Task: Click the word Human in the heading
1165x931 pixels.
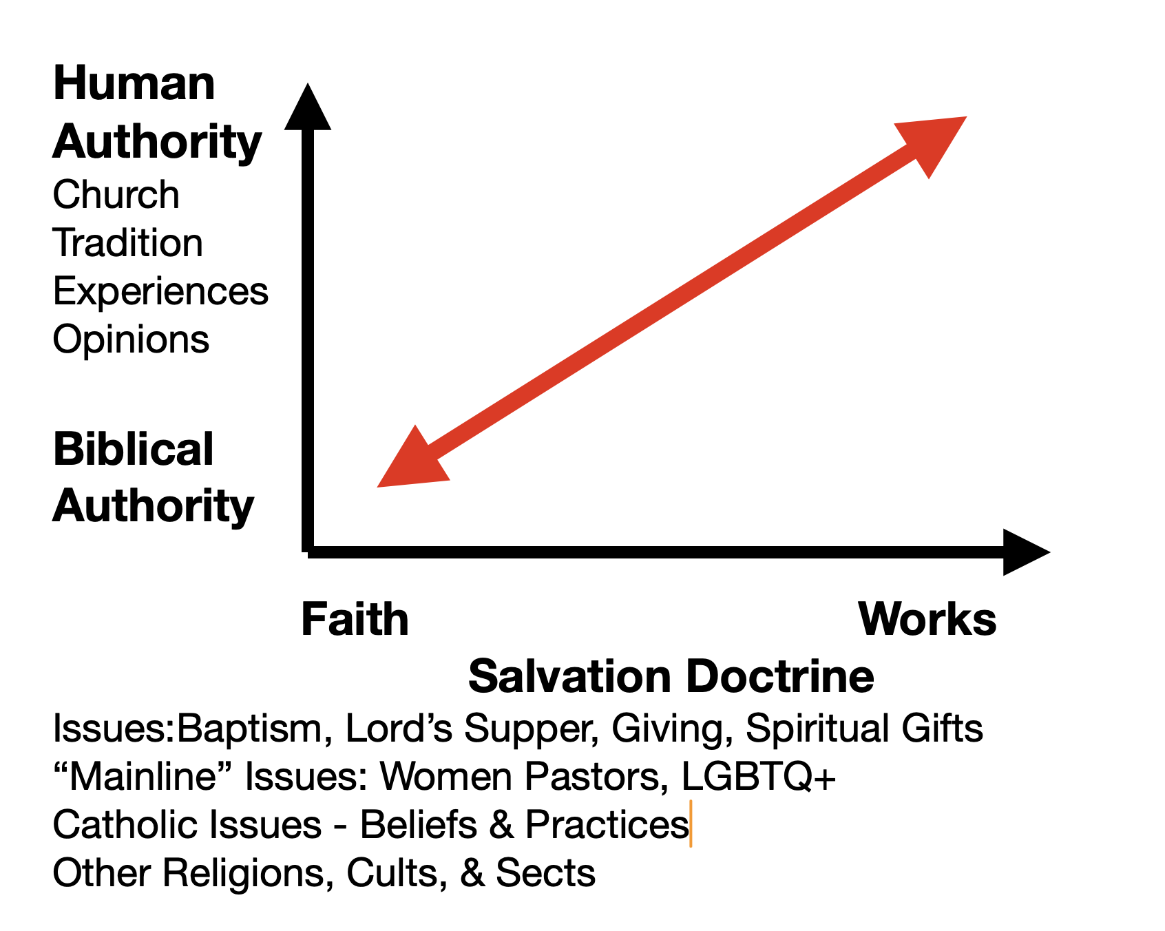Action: tap(134, 84)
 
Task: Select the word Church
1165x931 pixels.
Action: tap(116, 195)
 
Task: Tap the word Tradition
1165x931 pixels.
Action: tap(128, 243)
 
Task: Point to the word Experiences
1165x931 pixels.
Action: tap(160, 292)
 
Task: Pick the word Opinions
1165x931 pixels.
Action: tap(131, 339)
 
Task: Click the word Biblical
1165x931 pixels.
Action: tap(134, 449)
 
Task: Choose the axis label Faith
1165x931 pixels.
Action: tap(355, 619)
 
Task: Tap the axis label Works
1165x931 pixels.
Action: tap(927, 619)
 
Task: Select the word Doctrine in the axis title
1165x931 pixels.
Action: tap(780, 676)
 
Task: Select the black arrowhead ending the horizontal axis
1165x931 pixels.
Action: tap(1024, 552)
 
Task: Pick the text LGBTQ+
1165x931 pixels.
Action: tap(758, 777)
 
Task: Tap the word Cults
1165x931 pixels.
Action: tap(392, 873)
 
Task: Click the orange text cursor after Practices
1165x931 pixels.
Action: tap(691, 824)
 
